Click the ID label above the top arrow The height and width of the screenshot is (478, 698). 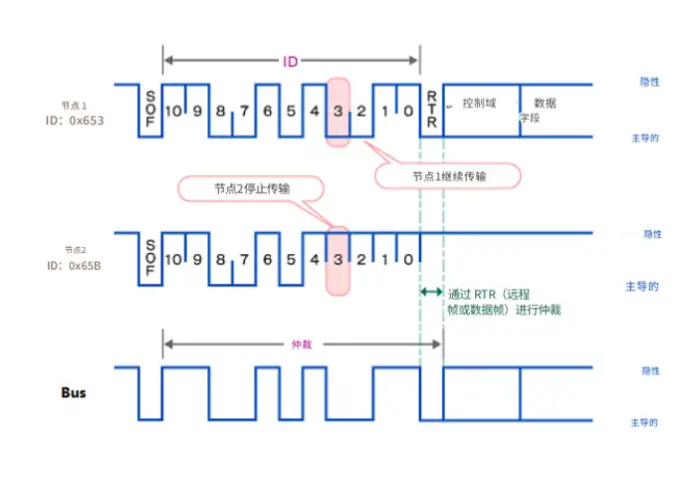click(x=291, y=62)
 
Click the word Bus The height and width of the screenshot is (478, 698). click(x=72, y=392)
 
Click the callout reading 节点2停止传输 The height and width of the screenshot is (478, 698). click(x=251, y=188)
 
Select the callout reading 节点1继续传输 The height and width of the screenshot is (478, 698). click(x=449, y=175)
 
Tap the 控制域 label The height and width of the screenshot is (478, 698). click(x=479, y=103)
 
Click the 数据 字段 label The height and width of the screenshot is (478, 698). click(x=538, y=110)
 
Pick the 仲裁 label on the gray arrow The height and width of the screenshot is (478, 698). click(x=300, y=345)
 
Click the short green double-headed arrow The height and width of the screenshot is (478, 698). click(x=431, y=292)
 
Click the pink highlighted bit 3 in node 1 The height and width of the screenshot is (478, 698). click(x=339, y=110)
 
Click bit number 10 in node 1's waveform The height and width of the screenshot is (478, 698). click(x=173, y=110)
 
